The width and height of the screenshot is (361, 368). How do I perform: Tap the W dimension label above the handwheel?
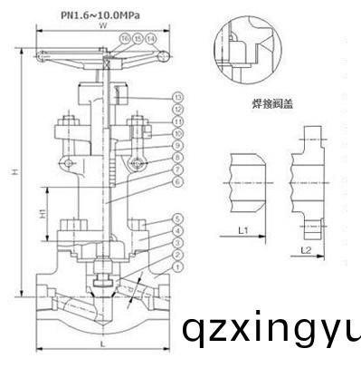click(x=103, y=27)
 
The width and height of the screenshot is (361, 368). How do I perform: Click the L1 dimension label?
click(x=243, y=232)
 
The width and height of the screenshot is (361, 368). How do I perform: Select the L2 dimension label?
click(x=307, y=247)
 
